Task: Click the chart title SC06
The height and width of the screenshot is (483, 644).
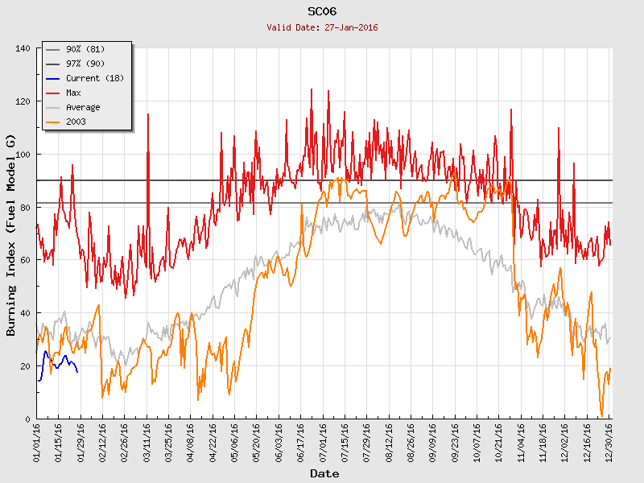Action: click(x=322, y=12)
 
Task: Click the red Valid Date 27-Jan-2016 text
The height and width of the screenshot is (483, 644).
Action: click(x=322, y=27)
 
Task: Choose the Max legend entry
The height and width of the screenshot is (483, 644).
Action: click(x=73, y=93)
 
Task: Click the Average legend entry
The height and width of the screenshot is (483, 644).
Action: click(x=83, y=107)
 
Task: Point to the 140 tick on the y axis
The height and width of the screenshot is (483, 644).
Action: click(x=23, y=48)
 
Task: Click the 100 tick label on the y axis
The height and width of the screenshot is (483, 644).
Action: click(x=23, y=155)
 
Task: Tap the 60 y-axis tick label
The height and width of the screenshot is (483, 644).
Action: click(x=25, y=260)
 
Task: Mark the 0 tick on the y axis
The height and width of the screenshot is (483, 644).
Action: click(x=27, y=419)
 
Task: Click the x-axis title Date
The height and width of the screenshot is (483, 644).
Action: click(x=324, y=473)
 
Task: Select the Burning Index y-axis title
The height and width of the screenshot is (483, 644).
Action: click(x=12, y=233)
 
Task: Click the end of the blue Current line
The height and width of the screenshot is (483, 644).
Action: click(x=77, y=371)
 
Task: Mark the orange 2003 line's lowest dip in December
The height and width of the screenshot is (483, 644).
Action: click(x=601, y=415)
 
